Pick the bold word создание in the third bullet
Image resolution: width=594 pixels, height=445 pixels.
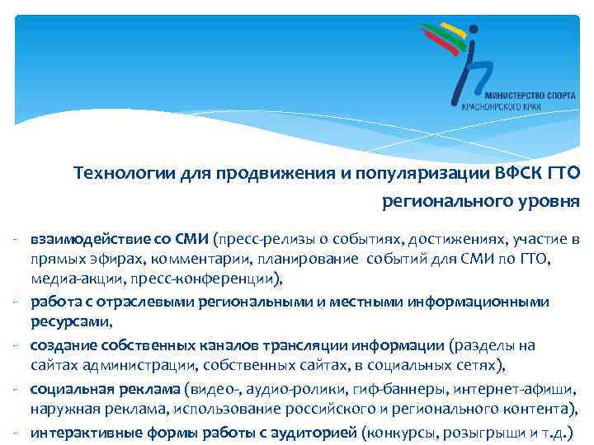click(x=62, y=345)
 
